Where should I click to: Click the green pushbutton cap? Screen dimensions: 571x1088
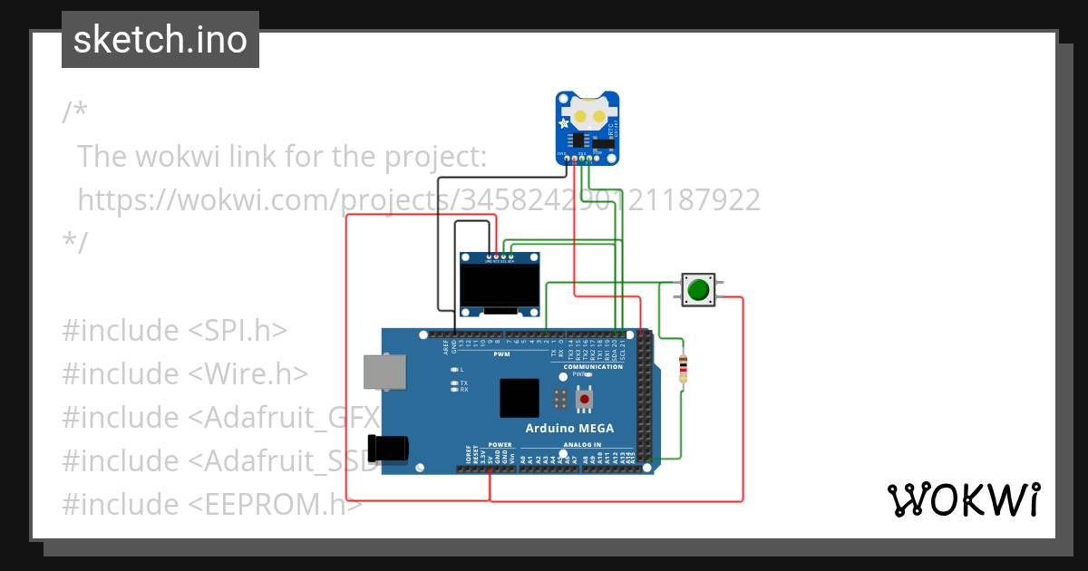point(697,290)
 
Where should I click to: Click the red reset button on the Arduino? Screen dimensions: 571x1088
point(585,399)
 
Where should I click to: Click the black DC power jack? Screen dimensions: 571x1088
point(388,448)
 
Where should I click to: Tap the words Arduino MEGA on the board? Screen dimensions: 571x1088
point(569,428)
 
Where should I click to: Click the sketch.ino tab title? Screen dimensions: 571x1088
point(160,40)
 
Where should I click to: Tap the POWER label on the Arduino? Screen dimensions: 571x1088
point(500,445)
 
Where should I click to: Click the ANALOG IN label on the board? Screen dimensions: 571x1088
point(582,445)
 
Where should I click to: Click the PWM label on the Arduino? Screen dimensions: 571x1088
point(501,353)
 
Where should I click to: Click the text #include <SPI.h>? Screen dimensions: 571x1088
point(174,331)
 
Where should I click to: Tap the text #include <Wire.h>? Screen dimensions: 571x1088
point(185,373)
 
